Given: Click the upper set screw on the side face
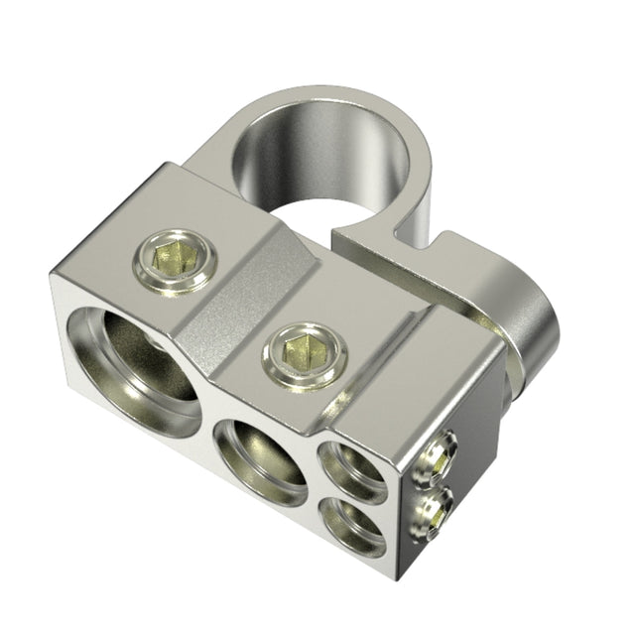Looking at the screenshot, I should point(437,458).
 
